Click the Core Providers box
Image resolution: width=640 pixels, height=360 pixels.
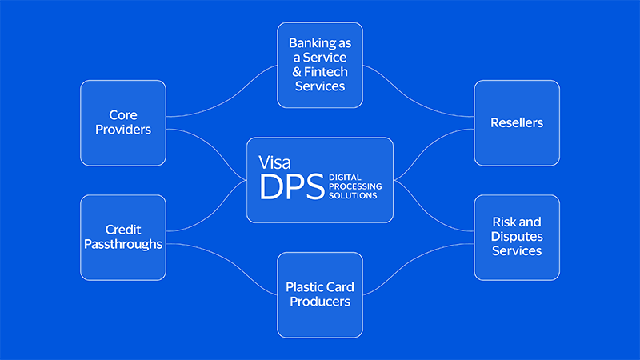(x=122, y=122)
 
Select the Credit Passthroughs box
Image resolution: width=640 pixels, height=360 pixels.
(x=122, y=237)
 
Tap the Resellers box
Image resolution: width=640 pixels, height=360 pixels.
(x=517, y=122)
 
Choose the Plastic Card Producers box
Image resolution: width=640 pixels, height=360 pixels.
(x=320, y=294)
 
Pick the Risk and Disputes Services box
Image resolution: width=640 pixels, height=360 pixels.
(x=517, y=237)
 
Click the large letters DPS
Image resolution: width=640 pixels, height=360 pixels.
(x=291, y=186)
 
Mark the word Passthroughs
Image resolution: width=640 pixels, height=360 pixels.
(x=122, y=244)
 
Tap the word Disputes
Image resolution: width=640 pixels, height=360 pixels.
(x=517, y=237)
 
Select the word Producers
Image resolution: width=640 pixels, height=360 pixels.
(x=320, y=302)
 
